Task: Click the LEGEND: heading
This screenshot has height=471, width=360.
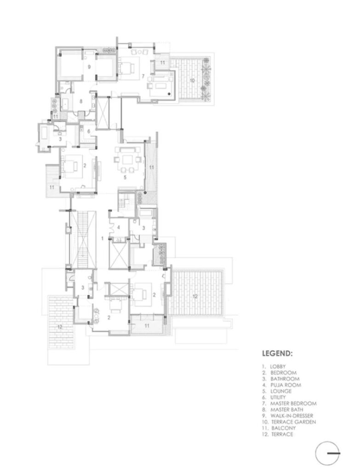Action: pos(277,353)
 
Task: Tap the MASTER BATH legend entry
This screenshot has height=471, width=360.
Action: pos(287,409)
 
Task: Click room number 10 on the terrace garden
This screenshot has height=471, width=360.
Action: pos(192,80)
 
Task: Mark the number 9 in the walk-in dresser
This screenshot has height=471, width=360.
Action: pos(89,67)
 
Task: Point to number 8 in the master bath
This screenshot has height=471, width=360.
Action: pos(81,102)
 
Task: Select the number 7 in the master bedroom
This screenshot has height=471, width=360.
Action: pos(143,76)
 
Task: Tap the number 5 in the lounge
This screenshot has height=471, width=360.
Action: pos(125,177)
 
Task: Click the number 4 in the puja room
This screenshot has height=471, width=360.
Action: pos(119,227)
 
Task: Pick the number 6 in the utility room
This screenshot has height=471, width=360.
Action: pos(89,131)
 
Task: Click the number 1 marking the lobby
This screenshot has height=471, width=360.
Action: pos(103,239)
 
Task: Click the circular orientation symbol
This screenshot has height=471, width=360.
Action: pos(327,454)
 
